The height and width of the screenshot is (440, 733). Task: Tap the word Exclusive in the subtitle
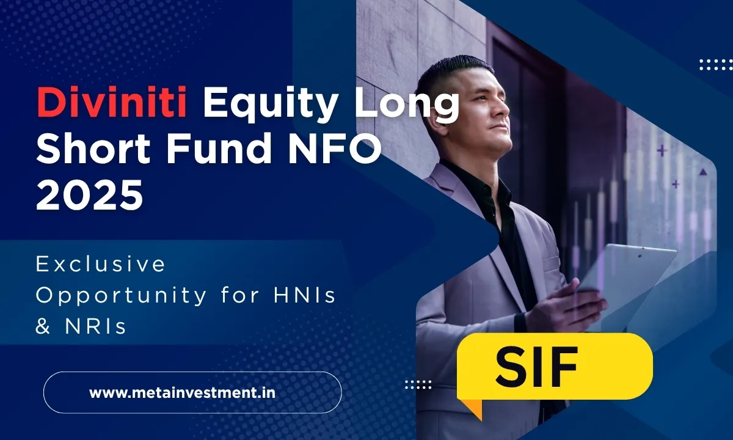pos(101,264)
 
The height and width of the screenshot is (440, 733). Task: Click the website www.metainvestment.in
pos(182,392)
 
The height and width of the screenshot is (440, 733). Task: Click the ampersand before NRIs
pos(42,326)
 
